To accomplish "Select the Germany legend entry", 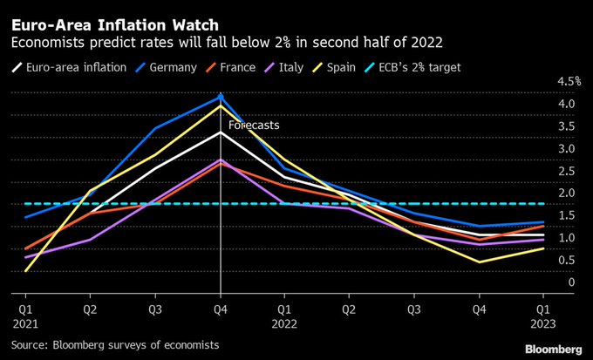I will point(180,67).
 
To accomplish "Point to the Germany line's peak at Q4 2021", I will point(221,96).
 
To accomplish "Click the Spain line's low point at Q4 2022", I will point(478,262).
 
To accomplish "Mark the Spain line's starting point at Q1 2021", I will point(26,271).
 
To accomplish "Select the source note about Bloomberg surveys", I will point(114,346).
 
